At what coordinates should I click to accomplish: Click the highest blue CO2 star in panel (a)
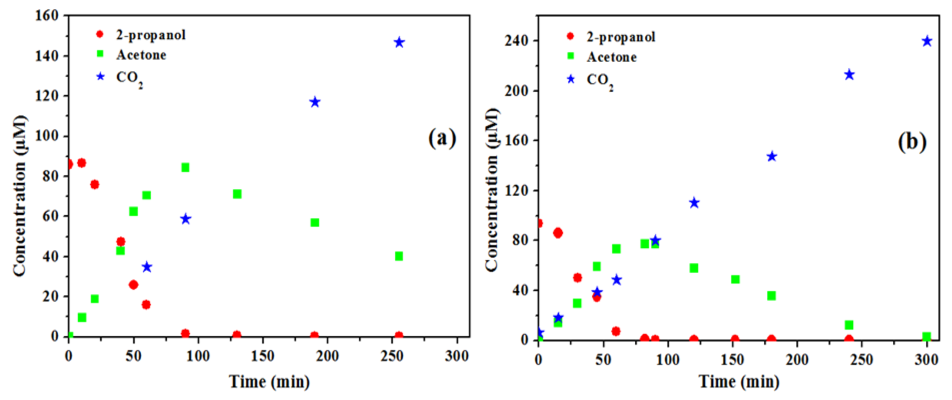click(399, 43)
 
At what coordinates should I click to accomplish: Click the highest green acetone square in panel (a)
click(185, 167)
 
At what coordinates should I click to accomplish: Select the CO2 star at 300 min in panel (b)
click(926, 41)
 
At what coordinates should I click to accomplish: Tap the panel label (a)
click(442, 138)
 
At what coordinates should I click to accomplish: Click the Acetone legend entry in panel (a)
click(141, 55)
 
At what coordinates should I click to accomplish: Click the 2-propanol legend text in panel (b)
click(621, 37)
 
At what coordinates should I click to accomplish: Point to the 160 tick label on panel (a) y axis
click(47, 16)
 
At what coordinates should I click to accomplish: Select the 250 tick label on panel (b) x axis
click(861, 359)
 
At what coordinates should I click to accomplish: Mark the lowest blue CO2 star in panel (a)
click(147, 267)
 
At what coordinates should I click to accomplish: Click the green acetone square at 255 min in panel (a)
click(399, 256)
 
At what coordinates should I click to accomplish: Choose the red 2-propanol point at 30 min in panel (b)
click(577, 278)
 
